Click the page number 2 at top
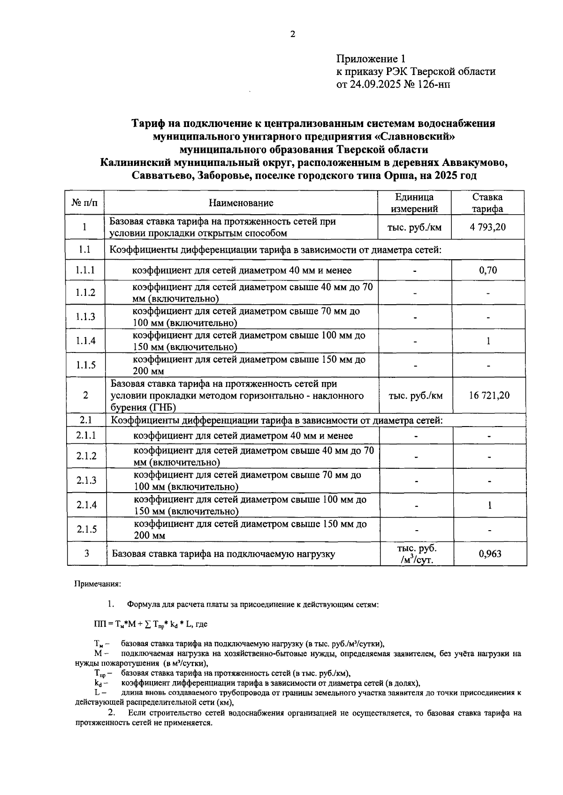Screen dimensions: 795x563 click(x=293, y=34)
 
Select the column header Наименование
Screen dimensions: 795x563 click(x=241, y=203)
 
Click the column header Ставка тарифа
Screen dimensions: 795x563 click(x=487, y=203)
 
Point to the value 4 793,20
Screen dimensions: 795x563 click(x=488, y=227)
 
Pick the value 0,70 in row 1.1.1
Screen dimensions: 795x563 click(x=488, y=270)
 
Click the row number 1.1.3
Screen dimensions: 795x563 click(x=85, y=317)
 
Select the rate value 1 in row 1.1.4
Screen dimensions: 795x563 click(x=488, y=341)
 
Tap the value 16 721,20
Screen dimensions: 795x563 click(x=489, y=395)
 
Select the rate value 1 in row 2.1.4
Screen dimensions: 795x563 click(x=489, y=505)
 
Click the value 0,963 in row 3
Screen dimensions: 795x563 click(x=490, y=554)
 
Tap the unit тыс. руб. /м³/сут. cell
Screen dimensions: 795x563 click(x=417, y=554)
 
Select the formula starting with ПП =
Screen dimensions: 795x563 click(x=150, y=624)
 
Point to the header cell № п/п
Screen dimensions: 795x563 click(x=85, y=203)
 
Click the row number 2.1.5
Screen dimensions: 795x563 click(x=86, y=529)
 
